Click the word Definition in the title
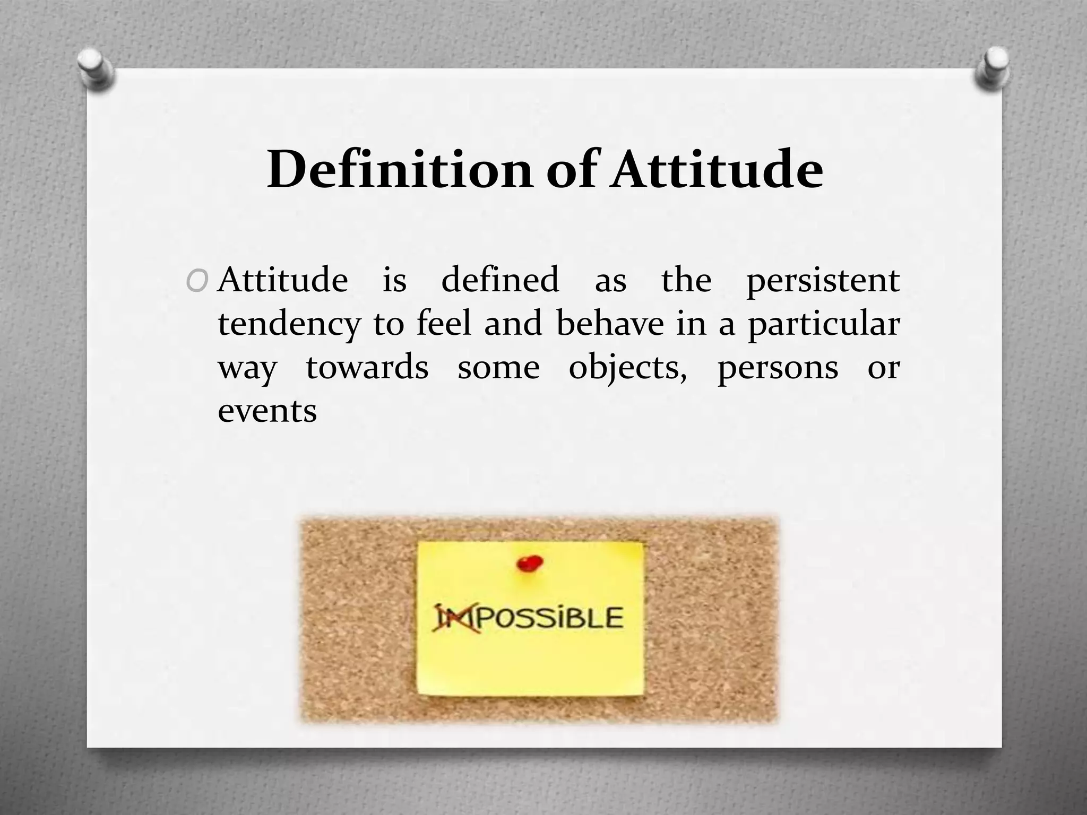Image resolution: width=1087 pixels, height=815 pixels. point(399,170)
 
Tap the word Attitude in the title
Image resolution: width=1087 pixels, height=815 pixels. point(717,170)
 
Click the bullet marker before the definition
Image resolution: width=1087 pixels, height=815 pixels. point(197,282)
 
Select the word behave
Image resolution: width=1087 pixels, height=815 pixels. point(610,324)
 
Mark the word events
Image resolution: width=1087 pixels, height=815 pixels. point(267,411)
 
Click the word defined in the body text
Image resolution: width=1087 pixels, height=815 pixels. point(500,280)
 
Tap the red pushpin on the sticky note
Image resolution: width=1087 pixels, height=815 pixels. point(529,562)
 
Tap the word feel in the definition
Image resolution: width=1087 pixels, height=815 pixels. point(444,324)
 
